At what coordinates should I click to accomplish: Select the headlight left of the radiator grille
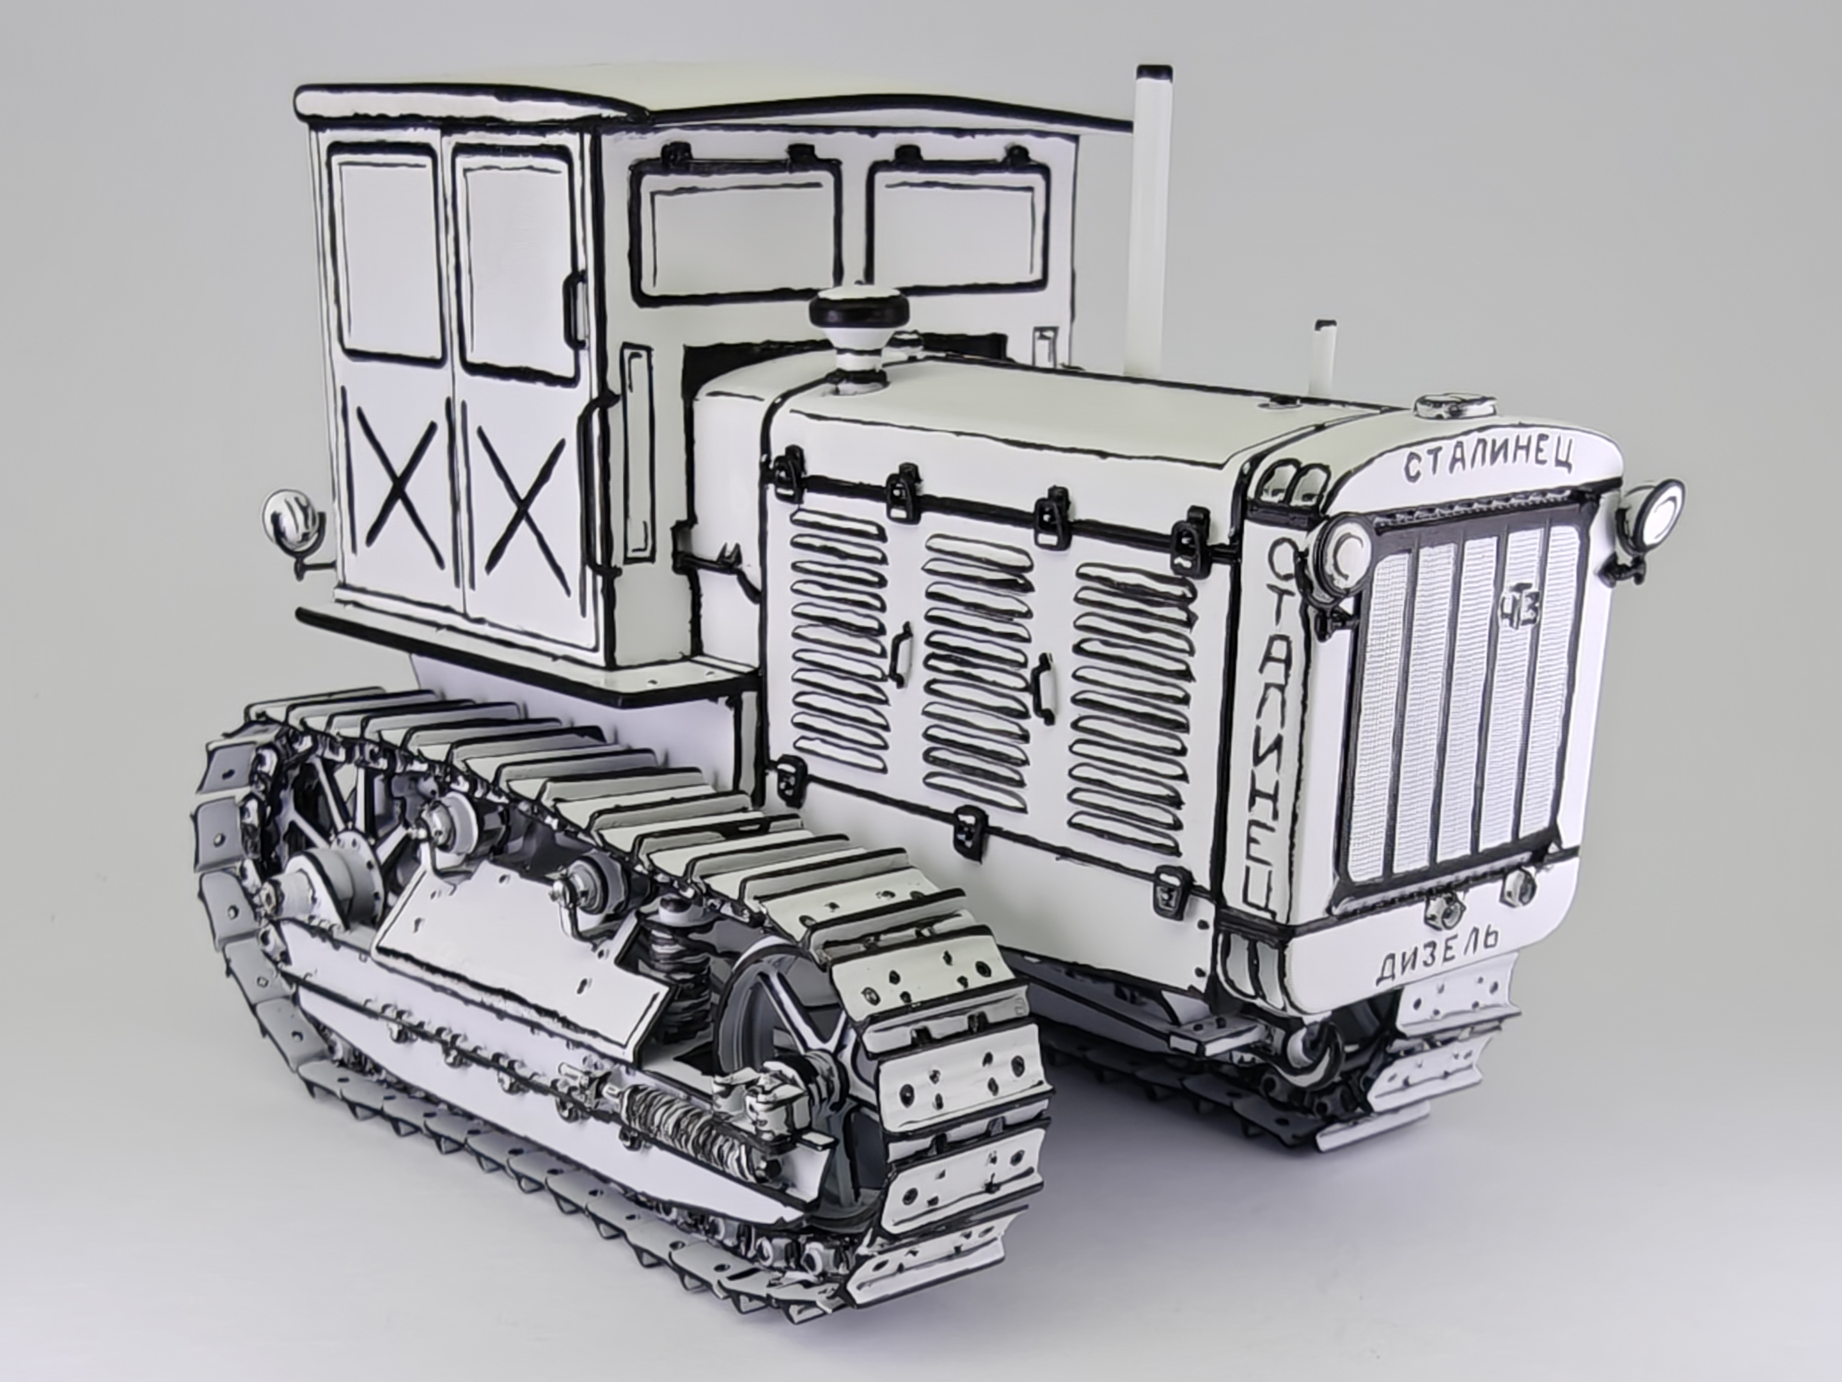click(1346, 545)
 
